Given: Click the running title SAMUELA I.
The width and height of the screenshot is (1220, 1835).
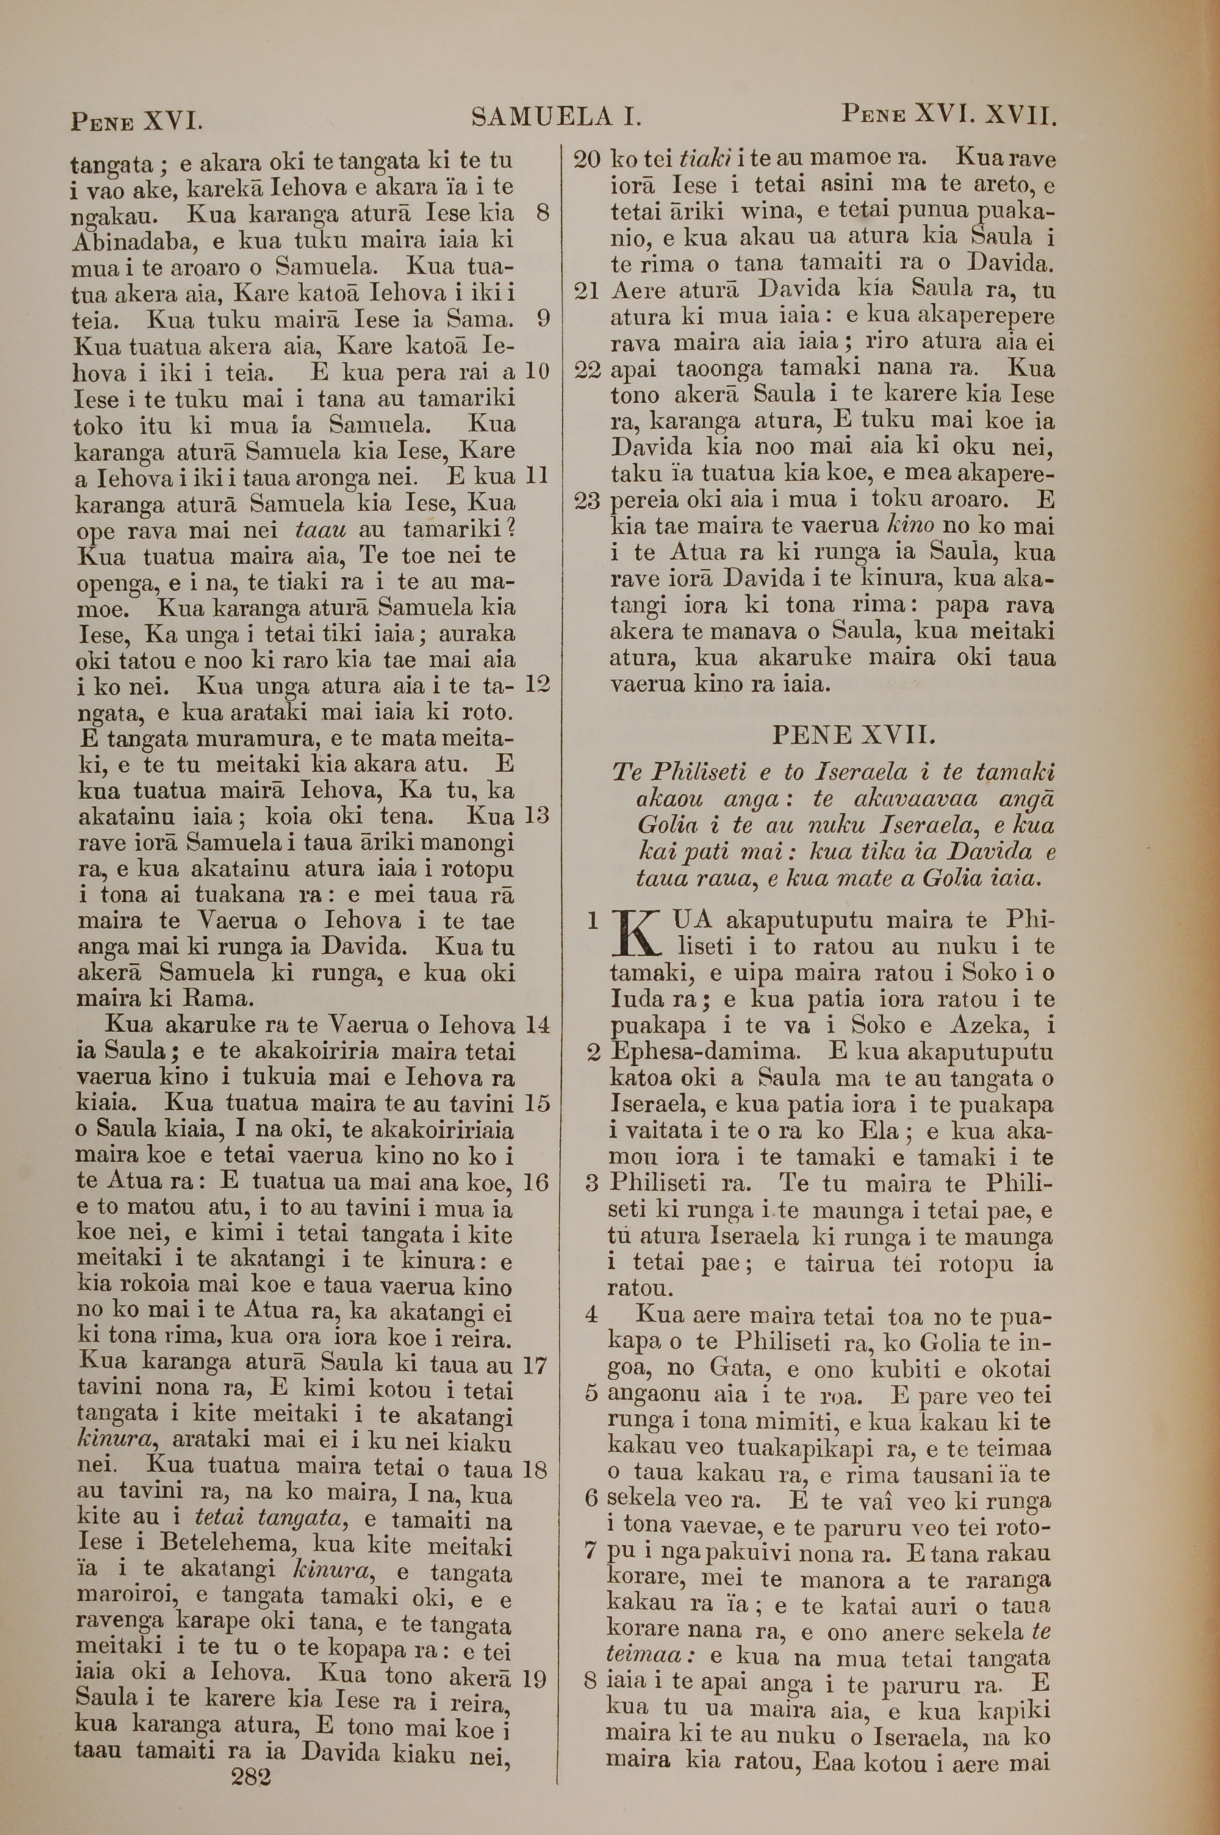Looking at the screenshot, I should [x=556, y=118].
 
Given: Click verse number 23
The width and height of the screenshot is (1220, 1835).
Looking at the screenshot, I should [x=588, y=501].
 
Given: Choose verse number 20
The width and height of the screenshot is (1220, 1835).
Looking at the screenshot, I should [x=587, y=160].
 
